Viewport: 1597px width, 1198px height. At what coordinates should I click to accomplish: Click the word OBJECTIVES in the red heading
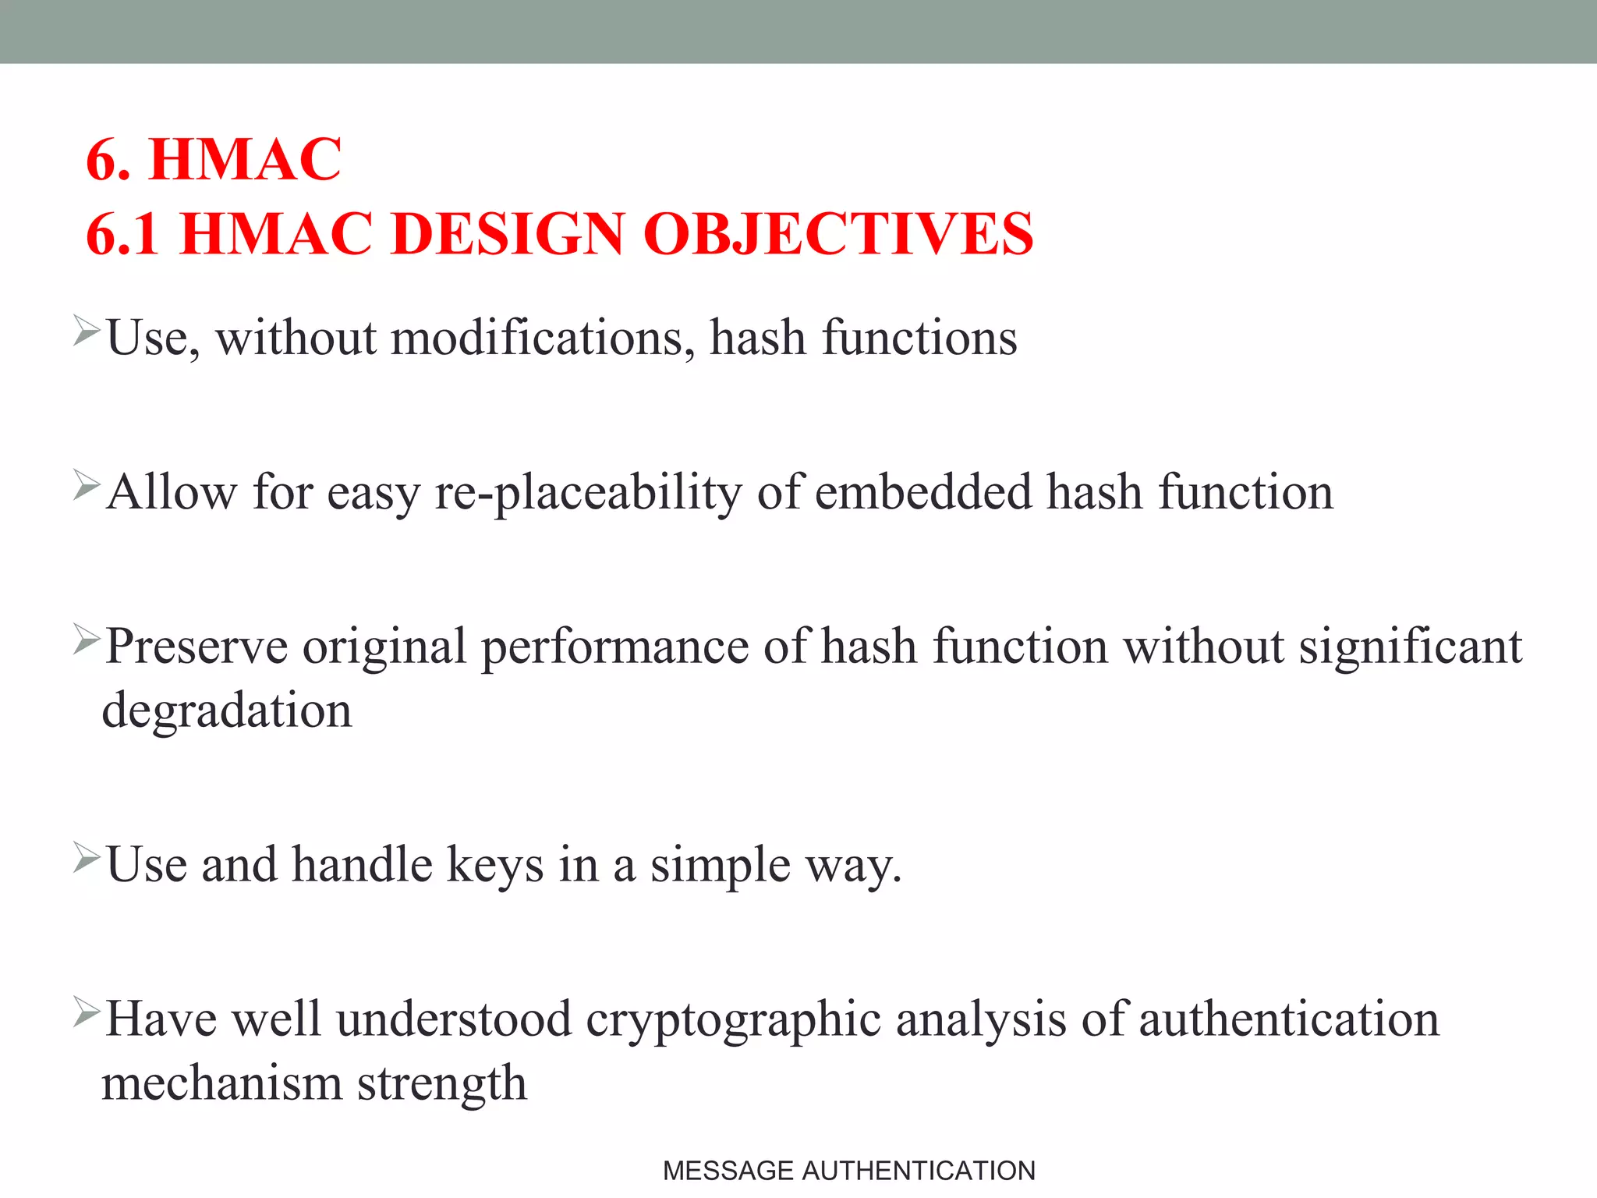pos(838,234)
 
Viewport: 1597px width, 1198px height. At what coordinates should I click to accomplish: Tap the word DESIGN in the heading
pos(508,234)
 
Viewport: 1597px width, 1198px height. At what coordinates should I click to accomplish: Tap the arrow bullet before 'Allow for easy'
pos(87,485)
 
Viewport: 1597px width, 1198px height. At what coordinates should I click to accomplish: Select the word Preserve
pos(197,647)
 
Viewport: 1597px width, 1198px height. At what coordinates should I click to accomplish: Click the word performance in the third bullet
pos(614,647)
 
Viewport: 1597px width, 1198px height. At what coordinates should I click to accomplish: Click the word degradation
pos(227,711)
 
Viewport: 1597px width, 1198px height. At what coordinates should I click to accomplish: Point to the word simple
pos(721,865)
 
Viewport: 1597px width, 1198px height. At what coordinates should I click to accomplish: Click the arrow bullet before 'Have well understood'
pos(87,1012)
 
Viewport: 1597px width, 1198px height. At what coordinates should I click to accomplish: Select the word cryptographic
pos(733,1020)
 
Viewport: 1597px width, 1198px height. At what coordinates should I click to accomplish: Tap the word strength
pos(442,1083)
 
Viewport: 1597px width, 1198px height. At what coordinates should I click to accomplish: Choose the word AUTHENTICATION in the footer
pos(919,1171)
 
